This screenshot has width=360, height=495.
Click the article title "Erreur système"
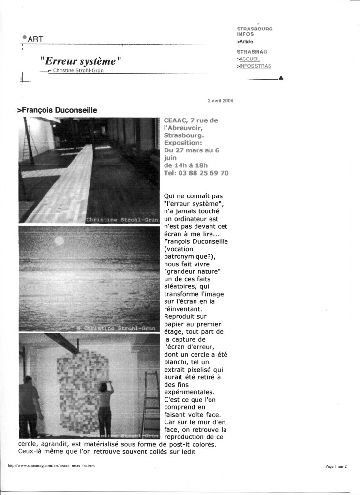[x=80, y=61]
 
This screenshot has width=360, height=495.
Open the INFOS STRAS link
[x=255, y=66]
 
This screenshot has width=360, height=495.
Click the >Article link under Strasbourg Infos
[x=245, y=42]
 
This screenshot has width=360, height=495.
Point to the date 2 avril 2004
[x=220, y=101]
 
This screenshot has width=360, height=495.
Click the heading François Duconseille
[x=57, y=110]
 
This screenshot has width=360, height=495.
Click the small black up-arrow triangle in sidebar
[x=281, y=78]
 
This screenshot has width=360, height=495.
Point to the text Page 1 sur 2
[x=336, y=466]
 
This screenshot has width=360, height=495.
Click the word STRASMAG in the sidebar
[x=252, y=52]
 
